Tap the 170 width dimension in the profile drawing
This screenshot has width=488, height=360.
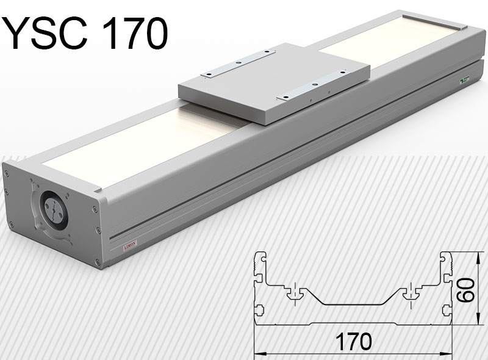click(352, 341)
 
